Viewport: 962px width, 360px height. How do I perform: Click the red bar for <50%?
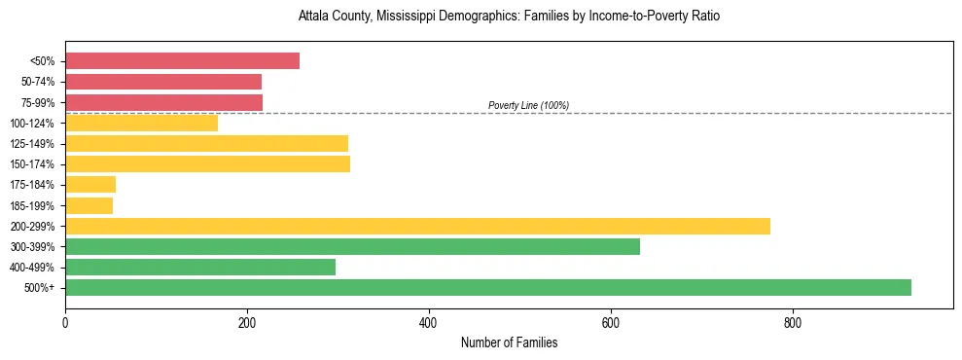click(x=182, y=61)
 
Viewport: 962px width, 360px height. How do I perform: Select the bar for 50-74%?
click(x=163, y=82)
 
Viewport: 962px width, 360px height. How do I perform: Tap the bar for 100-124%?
click(x=141, y=123)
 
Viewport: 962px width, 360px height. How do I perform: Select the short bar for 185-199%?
click(x=89, y=205)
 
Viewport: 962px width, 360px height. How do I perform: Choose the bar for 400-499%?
click(x=200, y=267)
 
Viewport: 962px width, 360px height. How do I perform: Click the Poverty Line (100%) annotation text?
click(x=528, y=105)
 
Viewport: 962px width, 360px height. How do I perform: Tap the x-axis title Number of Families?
click(x=509, y=342)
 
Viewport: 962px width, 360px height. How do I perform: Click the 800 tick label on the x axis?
click(x=793, y=322)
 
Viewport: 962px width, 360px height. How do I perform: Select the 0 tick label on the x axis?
click(x=65, y=322)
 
